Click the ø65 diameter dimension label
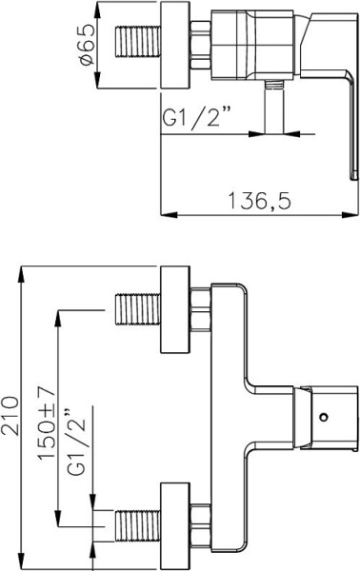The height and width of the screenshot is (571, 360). pos(88,45)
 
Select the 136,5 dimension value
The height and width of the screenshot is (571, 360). pos(259,200)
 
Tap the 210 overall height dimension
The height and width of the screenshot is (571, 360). pos(10,416)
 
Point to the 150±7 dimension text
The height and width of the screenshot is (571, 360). pos(47,423)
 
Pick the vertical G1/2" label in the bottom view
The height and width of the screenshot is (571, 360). pos(77,443)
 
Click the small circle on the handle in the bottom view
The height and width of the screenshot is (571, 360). pos(323,417)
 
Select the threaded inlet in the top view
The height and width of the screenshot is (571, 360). pos(138,41)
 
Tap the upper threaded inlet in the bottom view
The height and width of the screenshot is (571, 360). pos(138,308)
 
